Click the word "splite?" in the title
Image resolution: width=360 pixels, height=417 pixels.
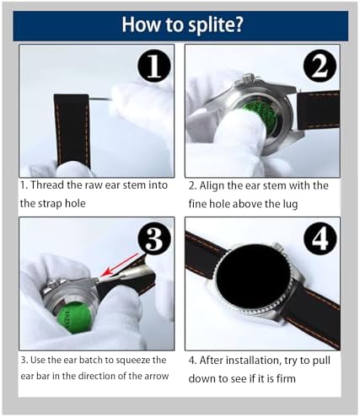(x=215, y=25)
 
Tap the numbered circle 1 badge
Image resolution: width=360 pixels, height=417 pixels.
(x=154, y=66)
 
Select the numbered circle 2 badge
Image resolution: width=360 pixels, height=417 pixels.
(x=320, y=67)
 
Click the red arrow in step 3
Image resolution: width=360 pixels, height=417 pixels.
(x=120, y=265)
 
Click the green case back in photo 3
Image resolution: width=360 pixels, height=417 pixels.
(x=74, y=317)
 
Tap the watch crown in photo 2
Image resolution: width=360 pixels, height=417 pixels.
(x=247, y=78)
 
